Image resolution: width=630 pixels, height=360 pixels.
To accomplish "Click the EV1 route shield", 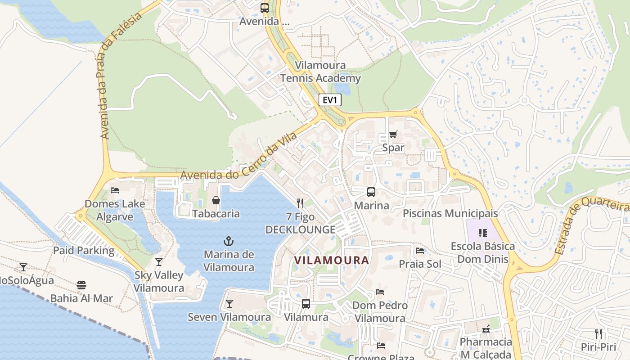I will click(330, 100).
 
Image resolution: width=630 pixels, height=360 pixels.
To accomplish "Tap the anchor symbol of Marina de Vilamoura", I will click(229, 241).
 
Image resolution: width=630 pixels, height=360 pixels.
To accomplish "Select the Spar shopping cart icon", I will click(393, 134).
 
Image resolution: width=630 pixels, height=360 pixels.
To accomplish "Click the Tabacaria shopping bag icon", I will click(216, 200).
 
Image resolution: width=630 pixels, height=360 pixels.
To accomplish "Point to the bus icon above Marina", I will click(371, 192).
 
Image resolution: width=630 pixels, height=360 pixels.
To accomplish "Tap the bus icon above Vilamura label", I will click(306, 304).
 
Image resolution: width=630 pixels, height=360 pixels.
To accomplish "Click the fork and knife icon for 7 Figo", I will click(300, 203).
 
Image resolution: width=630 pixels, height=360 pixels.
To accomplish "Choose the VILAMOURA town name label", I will click(332, 260).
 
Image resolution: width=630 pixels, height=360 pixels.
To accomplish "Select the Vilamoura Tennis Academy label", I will click(320, 72).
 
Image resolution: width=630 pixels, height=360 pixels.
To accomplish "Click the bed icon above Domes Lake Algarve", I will click(115, 190).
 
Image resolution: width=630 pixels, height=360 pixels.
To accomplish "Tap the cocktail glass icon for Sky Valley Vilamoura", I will click(158, 261).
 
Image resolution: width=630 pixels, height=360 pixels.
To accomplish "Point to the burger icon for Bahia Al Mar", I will click(81, 285).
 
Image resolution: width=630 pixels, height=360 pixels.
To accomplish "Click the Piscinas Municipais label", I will click(450, 213).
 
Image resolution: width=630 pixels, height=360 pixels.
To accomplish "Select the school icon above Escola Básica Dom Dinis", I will click(483, 233).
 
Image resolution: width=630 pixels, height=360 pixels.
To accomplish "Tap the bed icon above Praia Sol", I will click(420, 250).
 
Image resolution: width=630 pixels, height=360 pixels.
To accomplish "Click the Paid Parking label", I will click(84, 251).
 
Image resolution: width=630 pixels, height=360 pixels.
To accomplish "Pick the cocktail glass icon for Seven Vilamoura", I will click(229, 304).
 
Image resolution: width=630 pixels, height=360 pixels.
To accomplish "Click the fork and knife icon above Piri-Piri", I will click(598, 333).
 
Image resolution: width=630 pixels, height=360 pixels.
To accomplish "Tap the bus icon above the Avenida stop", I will click(264, 8).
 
